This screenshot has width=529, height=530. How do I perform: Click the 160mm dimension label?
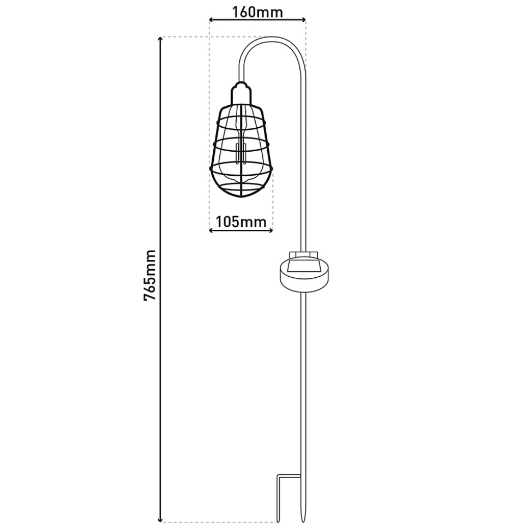tap(257, 12)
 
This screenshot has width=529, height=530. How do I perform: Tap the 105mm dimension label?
tap(241, 222)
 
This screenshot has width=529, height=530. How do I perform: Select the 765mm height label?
tap(149, 275)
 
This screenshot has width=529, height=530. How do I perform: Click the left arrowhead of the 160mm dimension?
tap(212, 20)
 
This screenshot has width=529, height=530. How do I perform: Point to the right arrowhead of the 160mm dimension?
tap(303, 20)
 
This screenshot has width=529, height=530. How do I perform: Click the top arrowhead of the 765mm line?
tap(160, 39)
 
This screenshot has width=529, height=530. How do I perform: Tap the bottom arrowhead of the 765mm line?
tap(160, 520)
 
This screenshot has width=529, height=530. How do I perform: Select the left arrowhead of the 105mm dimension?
tap(212, 230)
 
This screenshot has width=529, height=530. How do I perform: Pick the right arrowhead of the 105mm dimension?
tap(270, 230)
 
